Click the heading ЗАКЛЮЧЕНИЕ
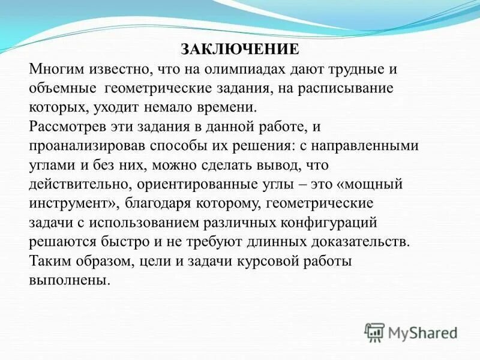239,49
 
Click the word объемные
63,88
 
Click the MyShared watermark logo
412,332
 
